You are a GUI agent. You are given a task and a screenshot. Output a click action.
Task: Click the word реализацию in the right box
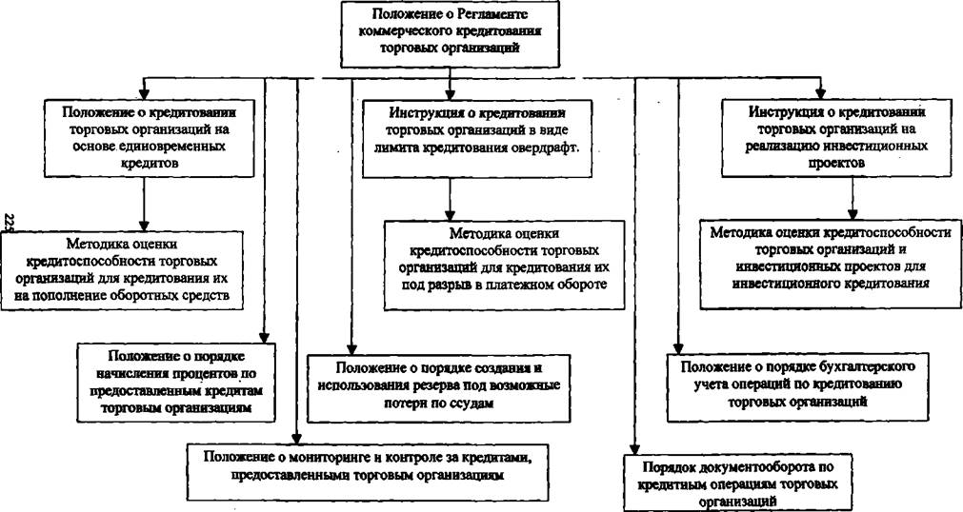click(x=780, y=147)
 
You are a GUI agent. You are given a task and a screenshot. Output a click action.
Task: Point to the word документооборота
click(x=750, y=466)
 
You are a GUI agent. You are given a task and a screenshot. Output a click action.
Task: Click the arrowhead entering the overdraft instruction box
click(x=451, y=93)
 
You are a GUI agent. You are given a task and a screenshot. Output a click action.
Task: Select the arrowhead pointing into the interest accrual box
click(x=264, y=337)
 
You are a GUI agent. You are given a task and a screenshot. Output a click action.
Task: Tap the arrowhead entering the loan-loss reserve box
click(x=351, y=347)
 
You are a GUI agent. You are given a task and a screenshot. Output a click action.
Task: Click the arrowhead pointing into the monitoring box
click(x=297, y=437)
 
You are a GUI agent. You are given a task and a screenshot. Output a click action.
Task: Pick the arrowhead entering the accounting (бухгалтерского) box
click(x=678, y=347)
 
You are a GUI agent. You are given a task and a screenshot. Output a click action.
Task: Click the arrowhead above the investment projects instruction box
click(x=819, y=93)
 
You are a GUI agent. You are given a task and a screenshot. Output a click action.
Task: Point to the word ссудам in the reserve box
click(x=471, y=404)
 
